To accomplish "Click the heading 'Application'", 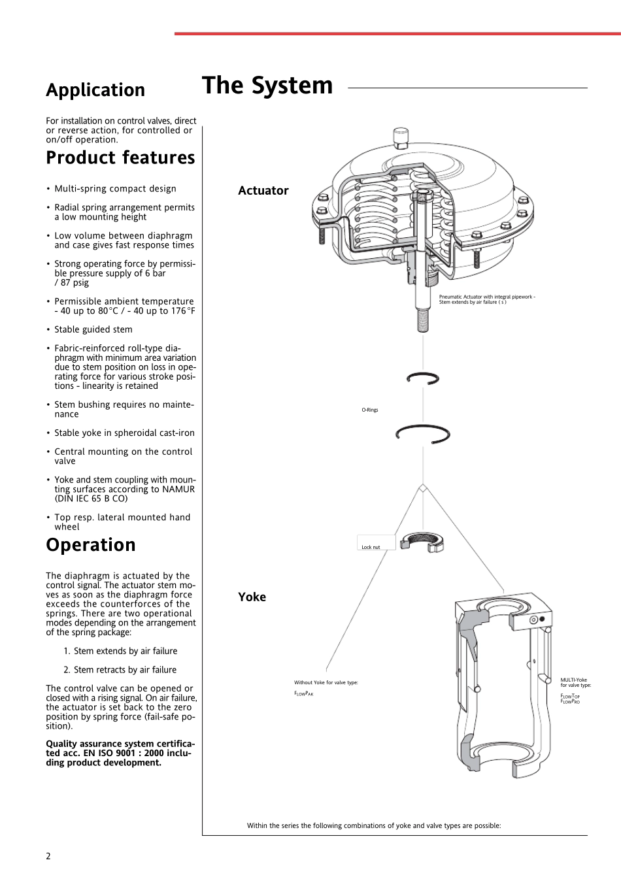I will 95,90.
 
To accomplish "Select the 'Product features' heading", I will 120,158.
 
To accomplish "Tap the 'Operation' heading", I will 91,545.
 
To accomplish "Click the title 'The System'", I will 267,86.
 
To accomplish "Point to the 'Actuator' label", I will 263,191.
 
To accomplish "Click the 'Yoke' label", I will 252,597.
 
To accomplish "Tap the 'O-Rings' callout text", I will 370,410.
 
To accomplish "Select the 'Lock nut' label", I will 371,547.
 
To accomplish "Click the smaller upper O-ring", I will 423,378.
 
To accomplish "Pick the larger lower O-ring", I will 423,433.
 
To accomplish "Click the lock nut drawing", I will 422,542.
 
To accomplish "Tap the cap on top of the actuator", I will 401,137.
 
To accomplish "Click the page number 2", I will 48,856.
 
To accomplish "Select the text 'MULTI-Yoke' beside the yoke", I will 573,680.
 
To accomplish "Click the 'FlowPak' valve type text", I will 304,693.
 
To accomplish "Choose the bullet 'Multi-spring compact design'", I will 115,189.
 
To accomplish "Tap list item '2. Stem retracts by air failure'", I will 120,670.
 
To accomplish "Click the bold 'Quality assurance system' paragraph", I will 120,753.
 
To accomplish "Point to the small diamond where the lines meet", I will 423,488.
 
